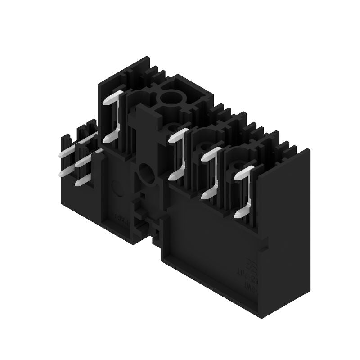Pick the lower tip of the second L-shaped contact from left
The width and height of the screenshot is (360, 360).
173,175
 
